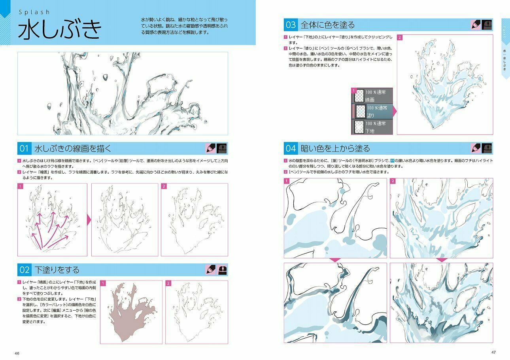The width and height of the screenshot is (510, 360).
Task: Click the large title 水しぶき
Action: [x=59, y=30]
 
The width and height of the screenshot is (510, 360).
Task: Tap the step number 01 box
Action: [x=24, y=149]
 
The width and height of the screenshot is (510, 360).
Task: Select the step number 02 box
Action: [x=24, y=270]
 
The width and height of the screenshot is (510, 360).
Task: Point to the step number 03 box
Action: [x=291, y=25]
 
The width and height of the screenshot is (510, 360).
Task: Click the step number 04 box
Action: [x=291, y=149]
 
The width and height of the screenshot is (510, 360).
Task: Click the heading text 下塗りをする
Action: [x=57, y=270]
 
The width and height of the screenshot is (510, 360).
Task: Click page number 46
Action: [x=17, y=353]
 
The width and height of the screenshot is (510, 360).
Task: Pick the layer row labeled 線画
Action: [x=372, y=96]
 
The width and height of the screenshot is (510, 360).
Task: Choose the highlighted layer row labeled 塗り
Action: [x=372, y=112]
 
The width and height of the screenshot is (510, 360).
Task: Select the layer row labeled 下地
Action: [x=372, y=127]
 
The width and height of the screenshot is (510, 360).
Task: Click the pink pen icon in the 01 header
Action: [x=210, y=149]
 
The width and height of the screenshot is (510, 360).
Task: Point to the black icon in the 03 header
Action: [x=488, y=25]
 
